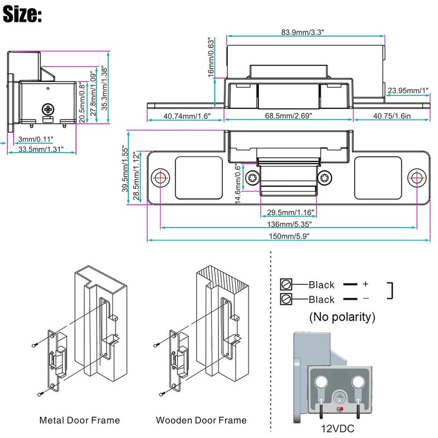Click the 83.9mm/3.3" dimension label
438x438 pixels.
click(x=303, y=32)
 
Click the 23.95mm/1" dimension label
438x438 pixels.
click(x=407, y=90)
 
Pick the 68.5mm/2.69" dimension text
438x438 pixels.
click(x=289, y=116)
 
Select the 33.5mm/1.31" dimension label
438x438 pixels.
click(x=42, y=148)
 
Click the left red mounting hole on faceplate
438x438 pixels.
click(x=161, y=178)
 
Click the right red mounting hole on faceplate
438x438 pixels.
click(x=416, y=178)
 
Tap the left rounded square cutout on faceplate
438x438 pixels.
click(x=199, y=178)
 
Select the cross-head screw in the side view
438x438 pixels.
click(x=48, y=109)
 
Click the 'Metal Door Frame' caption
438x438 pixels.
click(x=79, y=420)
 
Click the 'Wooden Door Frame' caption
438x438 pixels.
click(x=201, y=420)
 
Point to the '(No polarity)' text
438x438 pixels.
click(x=342, y=316)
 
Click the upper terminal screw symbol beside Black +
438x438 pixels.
click(x=285, y=284)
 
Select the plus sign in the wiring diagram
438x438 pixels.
click(x=366, y=284)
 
